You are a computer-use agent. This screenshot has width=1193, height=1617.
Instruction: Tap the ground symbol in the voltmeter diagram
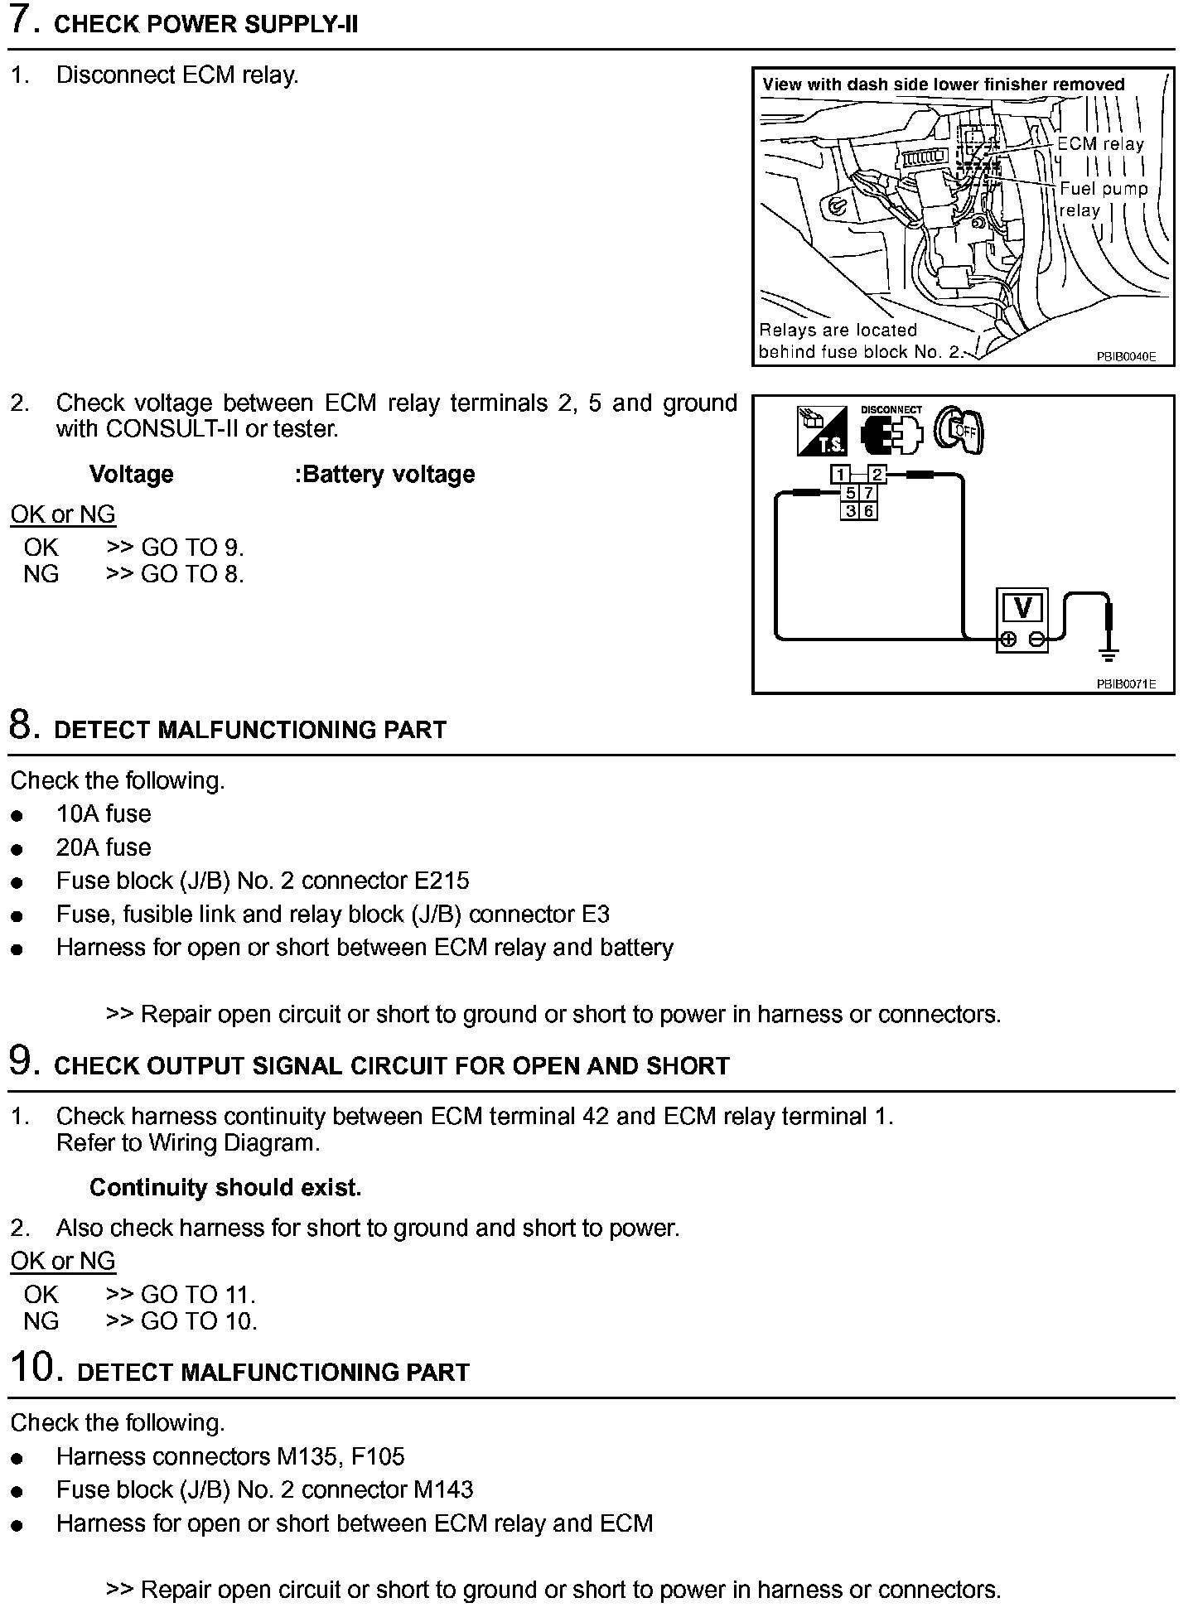pyautogui.click(x=1108, y=654)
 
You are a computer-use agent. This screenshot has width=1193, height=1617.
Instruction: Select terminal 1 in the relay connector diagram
pyautogui.click(x=841, y=475)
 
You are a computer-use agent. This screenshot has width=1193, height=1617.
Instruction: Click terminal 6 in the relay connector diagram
pyautogui.click(x=868, y=511)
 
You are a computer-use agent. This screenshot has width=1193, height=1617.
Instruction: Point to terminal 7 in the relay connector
pyautogui.click(x=868, y=493)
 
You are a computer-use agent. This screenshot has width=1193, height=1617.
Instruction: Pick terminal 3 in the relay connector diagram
pyautogui.click(x=850, y=511)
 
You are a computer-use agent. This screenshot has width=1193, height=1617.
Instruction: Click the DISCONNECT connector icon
pyautogui.click(x=891, y=432)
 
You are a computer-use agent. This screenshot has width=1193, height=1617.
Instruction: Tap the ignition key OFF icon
pyautogui.click(x=958, y=430)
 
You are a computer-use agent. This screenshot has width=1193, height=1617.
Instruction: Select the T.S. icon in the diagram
pyautogui.click(x=821, y=431)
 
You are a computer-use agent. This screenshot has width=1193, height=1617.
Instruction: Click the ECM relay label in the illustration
pyautogui.click(x=1100, y=144)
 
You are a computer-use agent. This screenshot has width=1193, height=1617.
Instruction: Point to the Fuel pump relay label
pyautogui.click(x=1103, y=199)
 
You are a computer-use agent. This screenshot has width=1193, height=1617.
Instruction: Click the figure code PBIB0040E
pyautogui.click(x=1125, y=357)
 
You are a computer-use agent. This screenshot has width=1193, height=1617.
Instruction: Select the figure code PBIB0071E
pyautogui.click(x=1125, y=684)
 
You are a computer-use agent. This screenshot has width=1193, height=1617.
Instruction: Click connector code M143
pyautogui.click(x=442, y=1489)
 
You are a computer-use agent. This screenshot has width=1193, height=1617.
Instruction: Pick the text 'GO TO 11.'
pyautogui.click(x=198, y=1294)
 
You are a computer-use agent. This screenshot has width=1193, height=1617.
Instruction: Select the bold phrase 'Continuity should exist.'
pyautogui.click(x=225, y=1187)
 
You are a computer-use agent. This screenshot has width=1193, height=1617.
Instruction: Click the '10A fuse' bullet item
pyautogui.click(x=104, y=813)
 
